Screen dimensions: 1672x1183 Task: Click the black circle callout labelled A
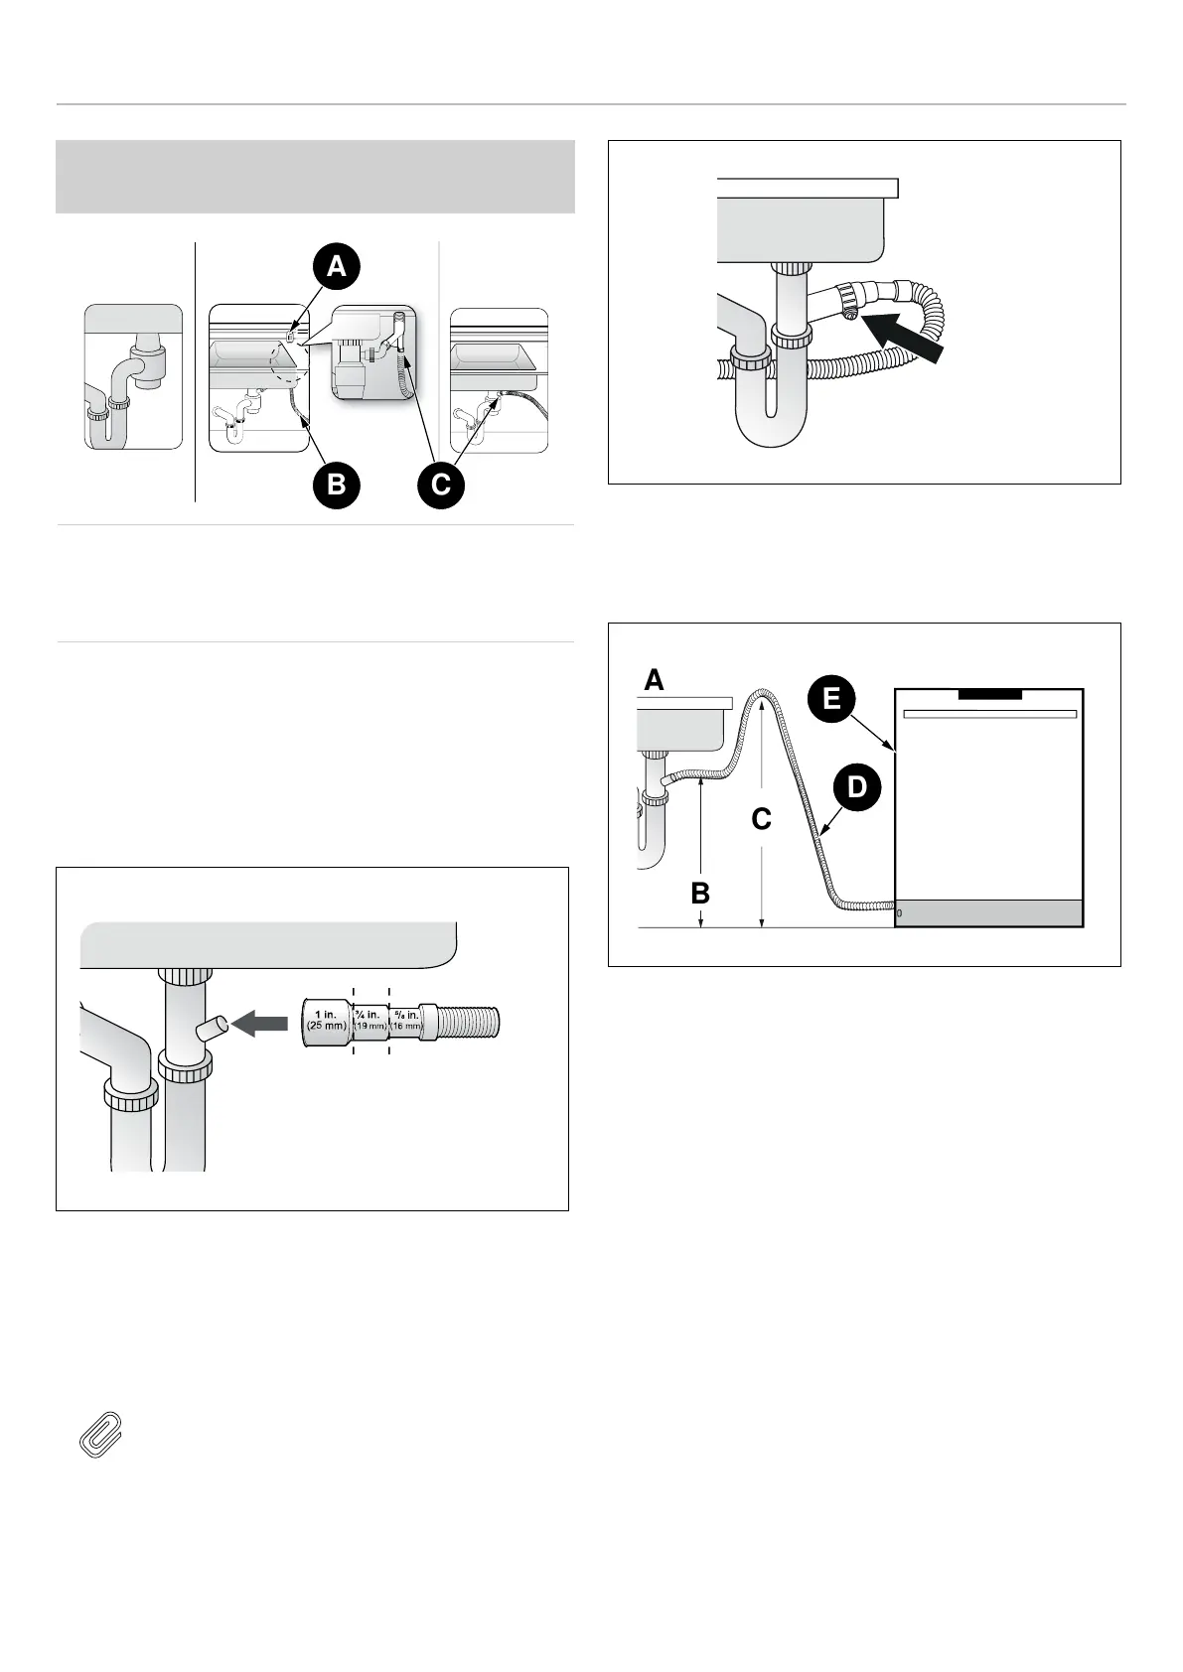337,266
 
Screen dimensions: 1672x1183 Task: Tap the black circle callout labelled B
336,484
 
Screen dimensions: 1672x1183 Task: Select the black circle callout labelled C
441,484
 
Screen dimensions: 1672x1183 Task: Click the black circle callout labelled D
856,787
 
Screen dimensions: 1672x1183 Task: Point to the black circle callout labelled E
831,698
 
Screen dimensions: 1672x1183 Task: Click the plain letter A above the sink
654,680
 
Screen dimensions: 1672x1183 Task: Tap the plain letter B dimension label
700,893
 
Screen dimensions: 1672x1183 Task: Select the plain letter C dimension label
761,819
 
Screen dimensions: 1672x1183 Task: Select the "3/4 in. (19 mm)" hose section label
370,1020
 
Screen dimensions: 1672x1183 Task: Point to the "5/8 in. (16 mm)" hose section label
406,1020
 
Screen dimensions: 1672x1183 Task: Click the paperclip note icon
99,1434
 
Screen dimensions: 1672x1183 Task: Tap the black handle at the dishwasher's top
989,694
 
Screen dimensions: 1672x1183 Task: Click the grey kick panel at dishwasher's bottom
988,913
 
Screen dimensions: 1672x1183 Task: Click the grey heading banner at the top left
315,177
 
